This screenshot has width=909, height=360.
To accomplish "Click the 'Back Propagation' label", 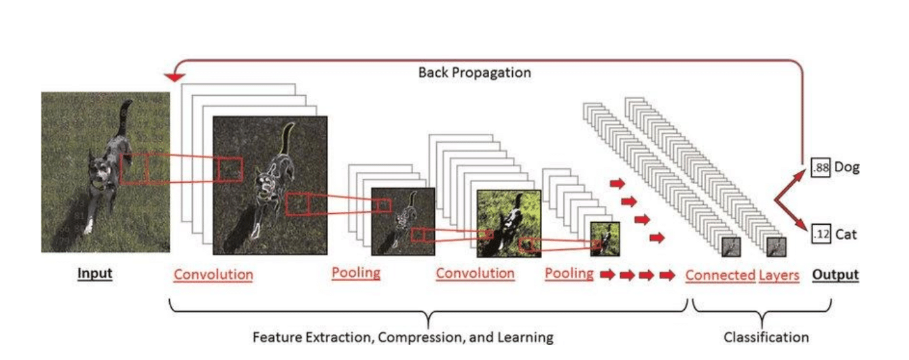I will pyautogui.click(x=474, y=72).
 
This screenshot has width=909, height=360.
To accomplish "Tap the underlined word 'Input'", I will pyautogui.click(x=95, y=274).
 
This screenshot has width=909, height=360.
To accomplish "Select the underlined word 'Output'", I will pyautogui.click(x=836, y=275).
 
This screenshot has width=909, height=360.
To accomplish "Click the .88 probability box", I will pyautogui.click(x=821, y=168).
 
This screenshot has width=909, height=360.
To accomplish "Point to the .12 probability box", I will pyautogui.click(x=821, y=235).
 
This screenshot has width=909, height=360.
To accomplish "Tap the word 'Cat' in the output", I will pyautogui.click(x=846, y=235).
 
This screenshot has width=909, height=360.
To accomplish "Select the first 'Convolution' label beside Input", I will pyautogui.click(x=213, y=275).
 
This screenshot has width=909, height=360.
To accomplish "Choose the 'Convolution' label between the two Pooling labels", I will pyautogui.click(x=475, y=273).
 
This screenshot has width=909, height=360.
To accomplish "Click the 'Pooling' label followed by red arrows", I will pyautogui.click(x=569, y=273).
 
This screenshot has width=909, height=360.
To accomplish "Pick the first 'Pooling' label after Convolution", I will pyautogui.click(x=356, y=273).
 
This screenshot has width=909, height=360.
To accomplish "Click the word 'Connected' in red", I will pyautogui.click(x=720, y=275).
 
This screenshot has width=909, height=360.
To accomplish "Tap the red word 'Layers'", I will pyautogui.click(x=779, y=275).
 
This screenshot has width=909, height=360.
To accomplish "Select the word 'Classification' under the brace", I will pyautogui.click(x=766, y=337).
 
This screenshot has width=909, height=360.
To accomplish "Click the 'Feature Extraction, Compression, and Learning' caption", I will pyautogui.click(x=403, y=337).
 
